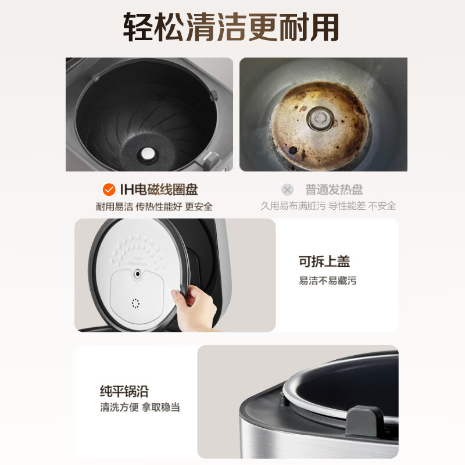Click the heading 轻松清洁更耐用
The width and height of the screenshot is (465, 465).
[x=231, y=27]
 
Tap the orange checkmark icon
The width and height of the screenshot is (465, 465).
[x=109, y=189]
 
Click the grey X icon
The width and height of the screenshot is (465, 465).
[x=287, y=189]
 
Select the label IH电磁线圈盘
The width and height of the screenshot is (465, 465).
[x=159, y=189]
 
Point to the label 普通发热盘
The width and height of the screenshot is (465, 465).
[x=334, y=189]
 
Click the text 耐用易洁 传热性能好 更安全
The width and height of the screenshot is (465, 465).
[x=154, y=206]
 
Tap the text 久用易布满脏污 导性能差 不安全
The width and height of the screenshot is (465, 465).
[x=328, y=206]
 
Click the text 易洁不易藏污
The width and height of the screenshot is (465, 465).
[x=327, y=281]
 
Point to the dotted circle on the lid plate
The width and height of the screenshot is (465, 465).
[x=136, y=303]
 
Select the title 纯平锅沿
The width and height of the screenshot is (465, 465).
[x=123, y=391]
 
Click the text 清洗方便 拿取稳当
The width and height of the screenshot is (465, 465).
[x=139, y=407]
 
